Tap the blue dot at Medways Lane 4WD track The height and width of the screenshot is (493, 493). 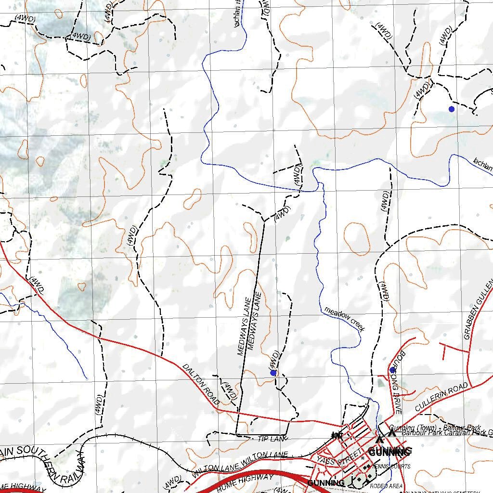(x=273, y=373)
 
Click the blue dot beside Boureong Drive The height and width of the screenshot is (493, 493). (x=392, y=370)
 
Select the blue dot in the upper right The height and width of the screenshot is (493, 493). (x=451, y=109)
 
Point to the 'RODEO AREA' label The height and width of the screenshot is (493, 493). (x=386, y=486)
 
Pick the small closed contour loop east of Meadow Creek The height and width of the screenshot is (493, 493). (x=357, y=238)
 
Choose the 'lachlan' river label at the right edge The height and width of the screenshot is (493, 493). (x=482, y=165)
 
